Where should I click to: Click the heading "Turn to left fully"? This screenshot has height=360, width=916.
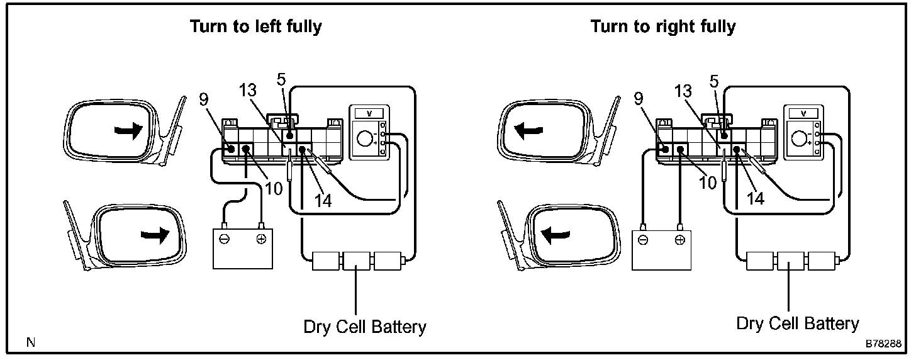256,27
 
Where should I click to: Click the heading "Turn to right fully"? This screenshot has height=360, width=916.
663,27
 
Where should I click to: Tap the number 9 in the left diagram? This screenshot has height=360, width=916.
204,99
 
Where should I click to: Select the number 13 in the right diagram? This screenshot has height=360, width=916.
683,91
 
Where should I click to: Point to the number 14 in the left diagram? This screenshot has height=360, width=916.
323,200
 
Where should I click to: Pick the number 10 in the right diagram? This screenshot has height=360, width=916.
708,183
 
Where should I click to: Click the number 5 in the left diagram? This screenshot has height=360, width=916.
281,79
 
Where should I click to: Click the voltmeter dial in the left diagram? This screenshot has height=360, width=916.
364,138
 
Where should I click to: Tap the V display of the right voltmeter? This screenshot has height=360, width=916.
803,113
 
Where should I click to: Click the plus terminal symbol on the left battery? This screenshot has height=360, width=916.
261,239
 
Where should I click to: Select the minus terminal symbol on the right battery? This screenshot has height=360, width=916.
643,240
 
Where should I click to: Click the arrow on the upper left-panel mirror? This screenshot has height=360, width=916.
128,132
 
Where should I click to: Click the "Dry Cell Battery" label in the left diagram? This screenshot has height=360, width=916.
365,327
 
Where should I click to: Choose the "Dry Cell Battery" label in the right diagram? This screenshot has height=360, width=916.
798,323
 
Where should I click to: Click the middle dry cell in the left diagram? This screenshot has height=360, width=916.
356,261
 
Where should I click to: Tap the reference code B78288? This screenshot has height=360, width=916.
883,344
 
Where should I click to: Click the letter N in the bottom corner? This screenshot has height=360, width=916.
31,342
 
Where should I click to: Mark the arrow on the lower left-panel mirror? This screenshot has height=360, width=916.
155,235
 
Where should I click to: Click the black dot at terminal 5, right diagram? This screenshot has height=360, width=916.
724,135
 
